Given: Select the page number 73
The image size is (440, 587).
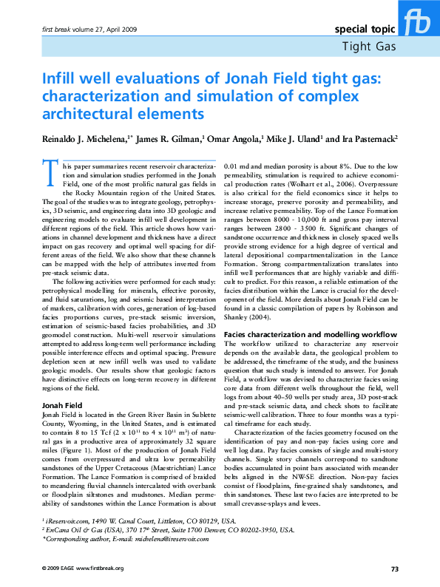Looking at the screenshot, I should tap(395, 569).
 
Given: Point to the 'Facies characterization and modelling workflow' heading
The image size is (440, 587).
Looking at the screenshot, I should tap(311, 335).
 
